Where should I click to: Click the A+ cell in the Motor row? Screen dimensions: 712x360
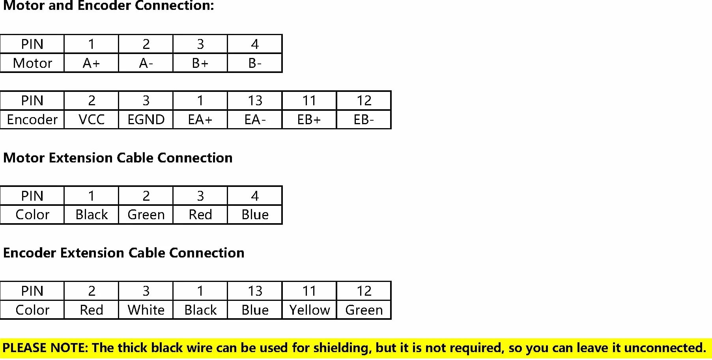pyautogui.click(x=91, y=63)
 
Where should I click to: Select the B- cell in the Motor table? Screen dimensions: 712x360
pyautogui.click(x=255, y=63)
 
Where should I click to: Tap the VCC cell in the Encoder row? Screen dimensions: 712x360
pyautogui.click(x=91, y=119)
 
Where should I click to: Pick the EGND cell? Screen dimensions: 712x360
pyautogui.click(x=146, y=119)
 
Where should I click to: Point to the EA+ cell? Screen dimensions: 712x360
pyautogui.click(x=200, y=119)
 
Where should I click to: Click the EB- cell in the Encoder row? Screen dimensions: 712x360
pyautogui.click(x=364, y=119)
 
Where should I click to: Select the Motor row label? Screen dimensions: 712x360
pyautogui.click(x=32, y=63)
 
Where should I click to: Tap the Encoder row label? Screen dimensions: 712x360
pyautogui.click(x=32, y=119)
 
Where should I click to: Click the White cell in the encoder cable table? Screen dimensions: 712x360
pyautogui.click(x=146, y=310)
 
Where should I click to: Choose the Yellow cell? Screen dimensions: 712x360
pyautogui.click(x=309, y=310)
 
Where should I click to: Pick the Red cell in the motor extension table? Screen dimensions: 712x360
pyautogui.click(x=200, y=215)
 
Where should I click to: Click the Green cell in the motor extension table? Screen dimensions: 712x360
pyautogui.click(x=146, y=215)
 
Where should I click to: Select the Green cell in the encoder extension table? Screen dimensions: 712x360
pyautogui.click(x=364, y=310)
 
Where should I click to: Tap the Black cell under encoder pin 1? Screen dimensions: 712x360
pyautogui.click(x=200, y=310)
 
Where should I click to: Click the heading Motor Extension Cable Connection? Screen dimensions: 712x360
pyautogui.click(x=118, y=158)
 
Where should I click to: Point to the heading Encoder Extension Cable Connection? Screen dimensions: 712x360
pyautogui.click(x=124, y=253)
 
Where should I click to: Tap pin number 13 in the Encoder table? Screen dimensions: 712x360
pyautogui.click(x=255, y=101)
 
